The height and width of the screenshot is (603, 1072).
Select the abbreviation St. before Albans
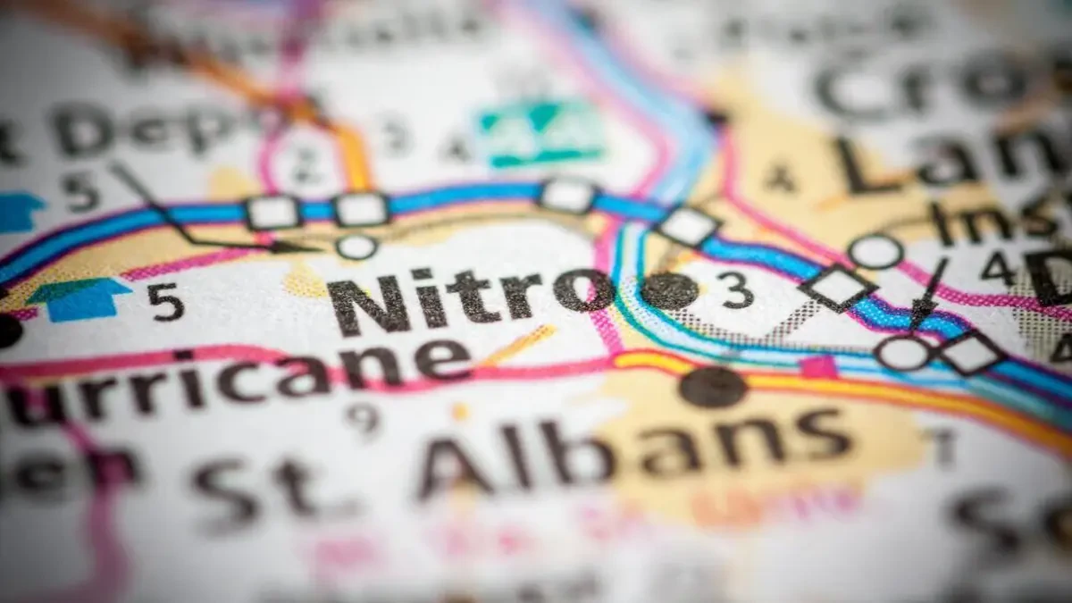(259, 487)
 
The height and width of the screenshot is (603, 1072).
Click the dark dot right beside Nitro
(670, 291)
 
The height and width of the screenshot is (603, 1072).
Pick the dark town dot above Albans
(713, 387)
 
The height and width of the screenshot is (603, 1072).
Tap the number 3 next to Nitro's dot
(736, 290)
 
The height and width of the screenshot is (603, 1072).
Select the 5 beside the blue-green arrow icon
(166, 302)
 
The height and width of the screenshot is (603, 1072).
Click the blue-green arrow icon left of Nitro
(80, 299)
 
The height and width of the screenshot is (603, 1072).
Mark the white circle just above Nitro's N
(356, 246)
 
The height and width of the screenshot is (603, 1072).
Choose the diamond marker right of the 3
(838, 288)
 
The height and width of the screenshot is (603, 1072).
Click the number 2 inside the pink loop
(308, 161)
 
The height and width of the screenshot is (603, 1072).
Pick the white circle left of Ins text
(875, 251)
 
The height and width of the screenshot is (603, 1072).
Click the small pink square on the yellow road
(818, 366)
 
